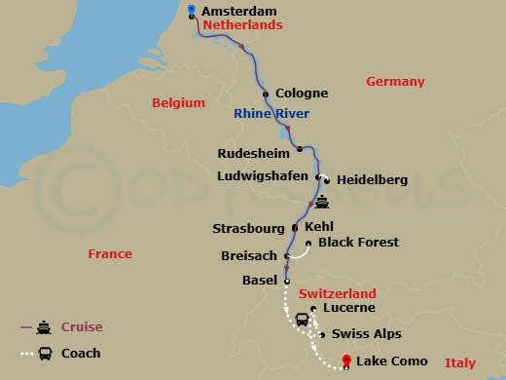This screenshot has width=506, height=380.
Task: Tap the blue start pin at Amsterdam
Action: point(191,11)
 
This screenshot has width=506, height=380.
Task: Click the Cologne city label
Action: point(302,94)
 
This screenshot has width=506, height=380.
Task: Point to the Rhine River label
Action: point(271,114)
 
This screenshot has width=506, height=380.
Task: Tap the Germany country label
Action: point(396,82)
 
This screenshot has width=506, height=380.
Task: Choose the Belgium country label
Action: point(179,102)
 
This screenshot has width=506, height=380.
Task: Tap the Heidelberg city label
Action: point(372,180)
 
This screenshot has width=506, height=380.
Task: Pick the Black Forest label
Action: point(358,242)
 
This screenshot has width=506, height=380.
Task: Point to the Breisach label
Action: point(251,256)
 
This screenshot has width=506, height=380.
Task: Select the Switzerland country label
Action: point(337,293)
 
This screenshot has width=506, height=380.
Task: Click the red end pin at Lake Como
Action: point(347,362)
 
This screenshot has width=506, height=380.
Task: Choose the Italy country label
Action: point(460,362)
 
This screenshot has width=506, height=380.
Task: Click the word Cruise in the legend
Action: point(84,326)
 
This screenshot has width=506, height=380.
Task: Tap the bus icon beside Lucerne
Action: point(303,320)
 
